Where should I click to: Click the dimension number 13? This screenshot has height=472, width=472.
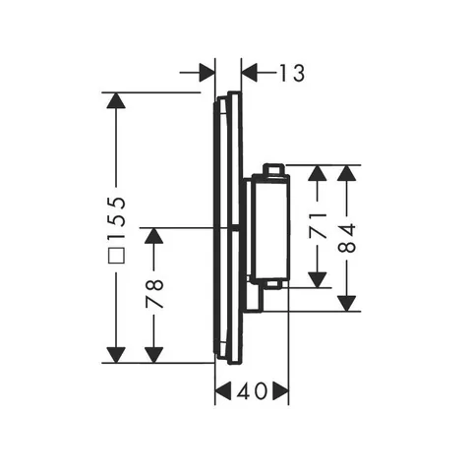click(x=292, y=73)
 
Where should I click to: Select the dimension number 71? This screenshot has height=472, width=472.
click(x=318, y=225)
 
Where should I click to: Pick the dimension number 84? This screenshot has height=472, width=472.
click(x=346, y=238)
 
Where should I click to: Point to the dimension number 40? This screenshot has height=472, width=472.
click(x=251, y=390)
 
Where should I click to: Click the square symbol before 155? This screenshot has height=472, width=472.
click(x=117, y=255)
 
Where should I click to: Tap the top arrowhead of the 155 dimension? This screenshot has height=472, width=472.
click(x=117, y=100)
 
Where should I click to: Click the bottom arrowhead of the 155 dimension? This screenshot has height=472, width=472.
click(x=117, y=355)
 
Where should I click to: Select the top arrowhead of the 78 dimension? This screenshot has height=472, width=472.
click(x=154, y=235)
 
